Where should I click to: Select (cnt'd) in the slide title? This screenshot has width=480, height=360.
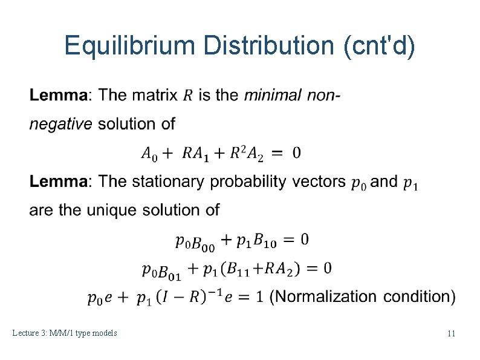click(x=379, y=47)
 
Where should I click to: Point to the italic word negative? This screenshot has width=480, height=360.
click(x=61, y=124)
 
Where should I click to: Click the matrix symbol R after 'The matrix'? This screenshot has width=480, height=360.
click(x=188, y=96)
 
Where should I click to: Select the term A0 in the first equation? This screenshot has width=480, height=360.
click(x=149, y=153)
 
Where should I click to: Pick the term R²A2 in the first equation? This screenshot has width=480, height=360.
click(x=247, y=153)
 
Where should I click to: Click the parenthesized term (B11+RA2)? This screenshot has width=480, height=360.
click(x=261, y=269)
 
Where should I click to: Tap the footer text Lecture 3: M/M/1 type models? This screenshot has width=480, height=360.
click(x=65, y=333)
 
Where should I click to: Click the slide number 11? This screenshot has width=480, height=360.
click(x=451, y=333)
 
